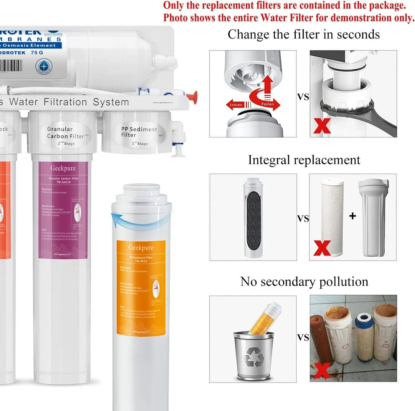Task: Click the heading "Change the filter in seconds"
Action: pyautogui.click(x=303, y=34)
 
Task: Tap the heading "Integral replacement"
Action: pyautogui.click(x=304, y=160)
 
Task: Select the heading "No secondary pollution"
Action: pyautogui.click(x=304, y=282)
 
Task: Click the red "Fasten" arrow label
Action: pyautogui.click(x=268, y=104)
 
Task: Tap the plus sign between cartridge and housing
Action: pyautogui.click(x=352, y=216)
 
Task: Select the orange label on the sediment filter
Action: pyautogui.click(x=140, y=287)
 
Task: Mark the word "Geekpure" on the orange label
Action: pyautogui.click(x=140, y=248)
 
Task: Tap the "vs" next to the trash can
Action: pyautogui.click(x=303, y=337)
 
